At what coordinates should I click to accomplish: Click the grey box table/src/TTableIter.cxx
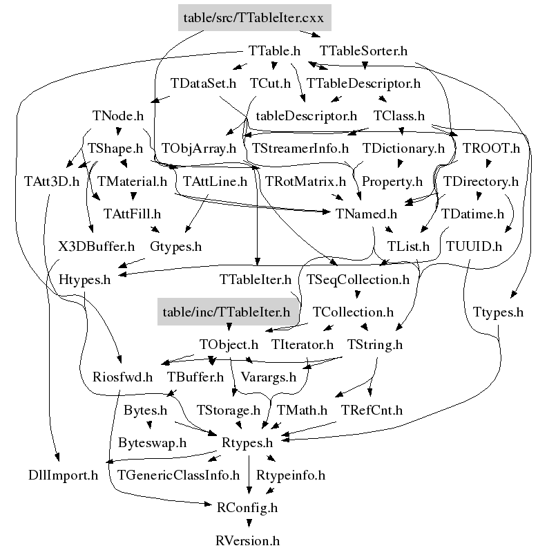click(253, 17)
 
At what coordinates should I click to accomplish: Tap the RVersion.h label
click(248, 540)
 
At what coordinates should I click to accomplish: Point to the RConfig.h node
click(247, 508)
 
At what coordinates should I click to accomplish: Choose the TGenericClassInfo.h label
click(178, 475)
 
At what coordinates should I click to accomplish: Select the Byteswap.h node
click(152, 442)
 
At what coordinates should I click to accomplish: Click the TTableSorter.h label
click(364, 50)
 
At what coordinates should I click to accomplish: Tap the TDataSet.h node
click(204, 83)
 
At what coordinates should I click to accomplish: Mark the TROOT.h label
click(491, 149)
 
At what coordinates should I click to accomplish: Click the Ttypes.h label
click(499, 312)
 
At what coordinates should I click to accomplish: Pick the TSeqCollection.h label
click(358, 279)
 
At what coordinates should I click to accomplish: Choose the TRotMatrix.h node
click(305, 182)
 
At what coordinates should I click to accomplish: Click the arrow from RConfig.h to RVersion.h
click(248, 524)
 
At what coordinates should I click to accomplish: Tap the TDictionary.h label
click(403, 149)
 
